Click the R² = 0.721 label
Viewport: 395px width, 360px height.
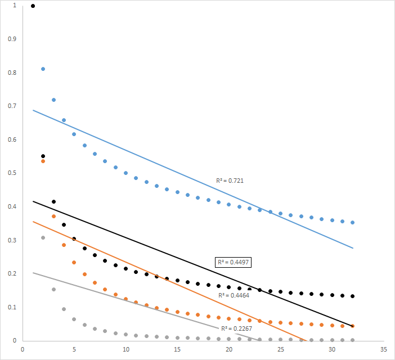tap(230, 181)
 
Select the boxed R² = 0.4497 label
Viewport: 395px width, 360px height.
tap(234, 262)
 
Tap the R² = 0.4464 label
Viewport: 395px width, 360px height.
tap(234, 295)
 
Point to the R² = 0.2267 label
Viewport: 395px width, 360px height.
tap(236, 328)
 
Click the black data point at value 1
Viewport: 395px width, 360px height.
tap(33, 6)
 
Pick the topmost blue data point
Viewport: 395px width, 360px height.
tap(43, 69)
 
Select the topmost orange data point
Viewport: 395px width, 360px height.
tap(43, 161)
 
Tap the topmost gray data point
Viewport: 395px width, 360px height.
tap(43, 238)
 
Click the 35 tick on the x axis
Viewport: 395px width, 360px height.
tap(383, 349)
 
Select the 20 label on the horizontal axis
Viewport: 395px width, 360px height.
tap(229, 349)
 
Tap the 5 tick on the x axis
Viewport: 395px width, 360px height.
tap(74, 349)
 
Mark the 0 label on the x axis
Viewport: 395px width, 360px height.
tap(23, 349)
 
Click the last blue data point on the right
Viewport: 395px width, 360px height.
tap(353, 223)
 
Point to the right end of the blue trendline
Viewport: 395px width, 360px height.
tap(353, 248)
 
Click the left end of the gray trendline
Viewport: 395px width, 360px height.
tap(33, 273)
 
